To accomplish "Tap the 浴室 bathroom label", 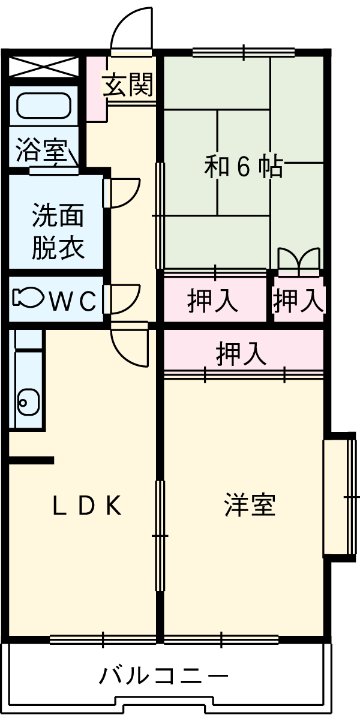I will pos(41,150).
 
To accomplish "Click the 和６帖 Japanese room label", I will pos(243,167).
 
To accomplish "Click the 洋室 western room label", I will pos(250,506).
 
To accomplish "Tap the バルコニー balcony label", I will pos(163,676).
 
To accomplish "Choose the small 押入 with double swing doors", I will pos(299,300).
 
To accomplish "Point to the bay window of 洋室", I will pos(339,497).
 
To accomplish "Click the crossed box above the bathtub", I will pos(44,66).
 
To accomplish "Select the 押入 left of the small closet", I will pos(213,300).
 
